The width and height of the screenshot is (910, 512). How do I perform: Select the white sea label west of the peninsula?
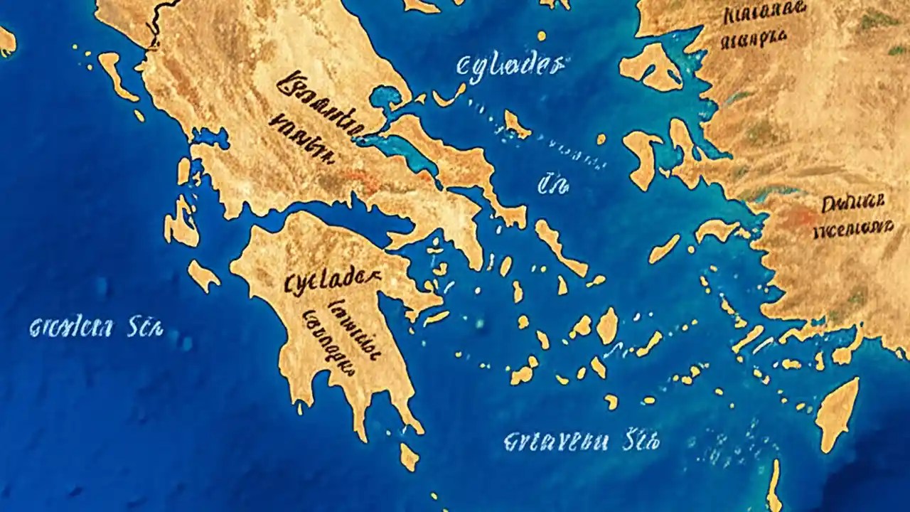[x=96, y=328]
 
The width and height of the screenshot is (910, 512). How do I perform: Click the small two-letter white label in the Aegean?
[x=553, y=186]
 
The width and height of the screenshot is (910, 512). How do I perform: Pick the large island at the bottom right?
[x=837, y=412]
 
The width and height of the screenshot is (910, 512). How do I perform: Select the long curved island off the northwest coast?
[x=116, y=75]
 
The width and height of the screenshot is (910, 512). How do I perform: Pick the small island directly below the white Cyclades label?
[x=517, y=124]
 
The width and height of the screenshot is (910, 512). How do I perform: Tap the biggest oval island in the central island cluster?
[x=607, y=325]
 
